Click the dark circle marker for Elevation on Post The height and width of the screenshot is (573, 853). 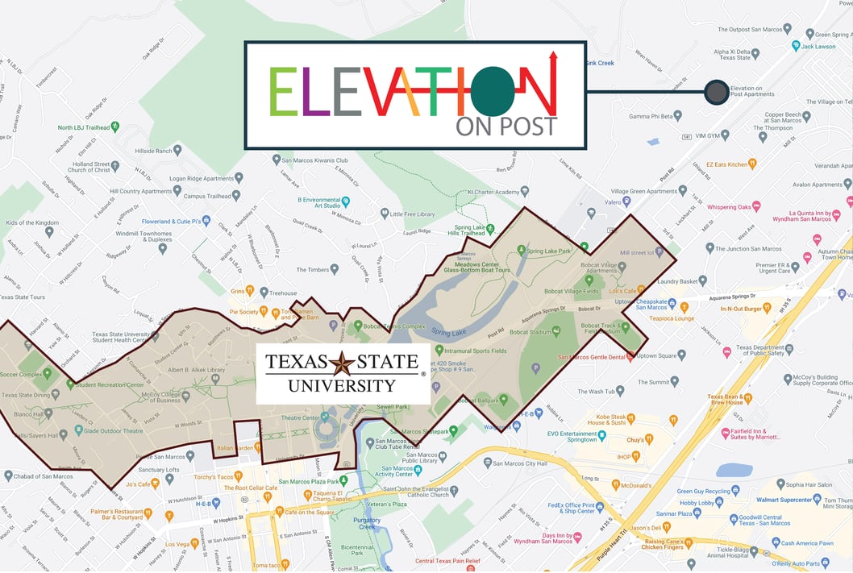pyautogui.click(x=715, y=92)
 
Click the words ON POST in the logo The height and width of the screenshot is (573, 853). pyautogui.click(x=506, y=126)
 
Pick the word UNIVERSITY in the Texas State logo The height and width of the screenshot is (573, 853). pyautogui.click(x=343, y=385)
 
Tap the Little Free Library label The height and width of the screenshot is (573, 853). pyautogui.click(x=412, y=214)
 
